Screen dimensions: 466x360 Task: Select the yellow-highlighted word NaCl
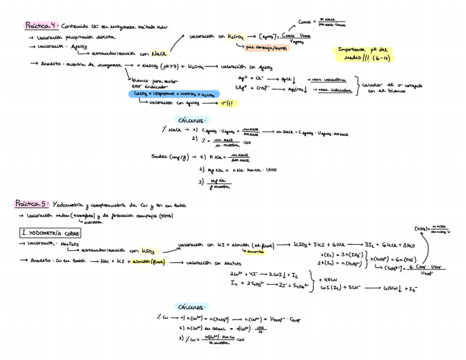159,53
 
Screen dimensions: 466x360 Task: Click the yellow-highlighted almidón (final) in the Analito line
149,262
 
